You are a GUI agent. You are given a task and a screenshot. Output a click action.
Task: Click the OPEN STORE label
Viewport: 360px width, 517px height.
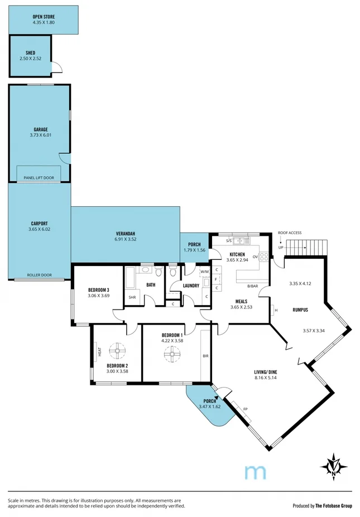tap(43, 17)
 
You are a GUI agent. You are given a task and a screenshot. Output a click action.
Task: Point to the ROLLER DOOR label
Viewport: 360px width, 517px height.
tap(39, 276)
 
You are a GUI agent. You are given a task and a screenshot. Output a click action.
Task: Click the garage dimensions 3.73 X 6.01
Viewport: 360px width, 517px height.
tap(40, 135)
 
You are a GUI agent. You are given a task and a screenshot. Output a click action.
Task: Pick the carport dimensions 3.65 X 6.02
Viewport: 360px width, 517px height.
tap(39, 229)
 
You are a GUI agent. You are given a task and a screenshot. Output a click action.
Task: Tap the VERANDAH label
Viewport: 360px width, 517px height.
tap(126, 234)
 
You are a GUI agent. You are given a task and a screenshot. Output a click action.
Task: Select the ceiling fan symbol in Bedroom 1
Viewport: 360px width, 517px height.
tap(171, 352)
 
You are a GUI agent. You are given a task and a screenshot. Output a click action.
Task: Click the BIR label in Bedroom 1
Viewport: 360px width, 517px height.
tap(205, 355)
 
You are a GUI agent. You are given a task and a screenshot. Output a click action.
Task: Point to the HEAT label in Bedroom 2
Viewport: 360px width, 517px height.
tap(99, 352)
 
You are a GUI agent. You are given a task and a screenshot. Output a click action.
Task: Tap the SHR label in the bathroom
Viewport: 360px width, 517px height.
tap(132, 297)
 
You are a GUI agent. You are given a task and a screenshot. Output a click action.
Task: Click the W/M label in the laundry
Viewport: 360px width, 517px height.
tap(189, 272)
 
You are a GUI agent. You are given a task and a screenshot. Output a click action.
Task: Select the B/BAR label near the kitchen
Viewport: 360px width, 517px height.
tap(253, 286)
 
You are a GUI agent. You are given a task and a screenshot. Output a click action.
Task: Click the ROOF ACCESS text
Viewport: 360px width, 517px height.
tap(290, 233)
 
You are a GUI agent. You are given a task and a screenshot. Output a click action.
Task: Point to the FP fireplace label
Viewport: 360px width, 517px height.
tap(245, 410)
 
